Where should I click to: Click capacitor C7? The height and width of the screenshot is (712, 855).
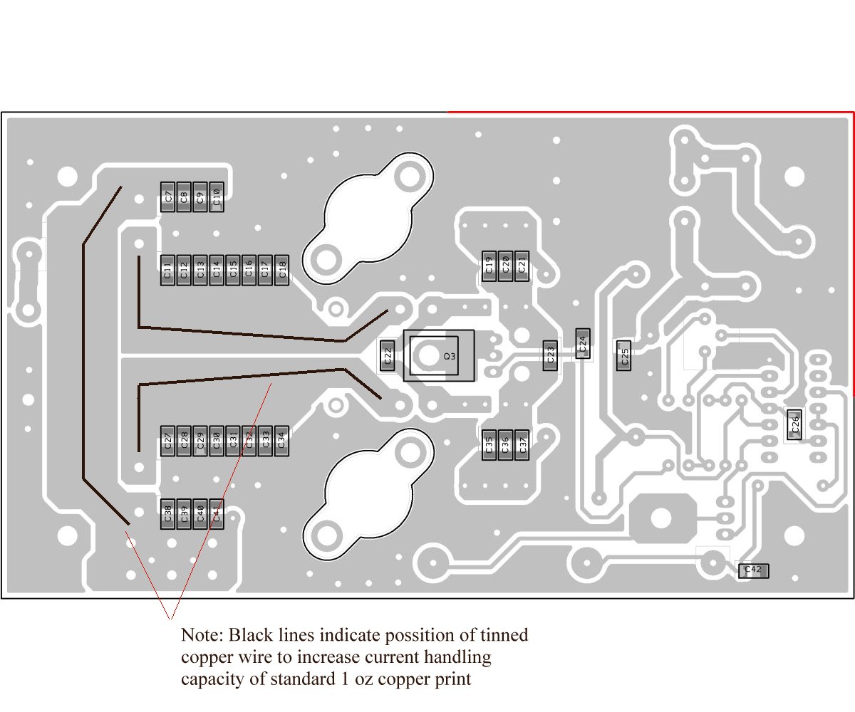point(168,197)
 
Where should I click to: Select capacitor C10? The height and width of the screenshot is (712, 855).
point(217,197)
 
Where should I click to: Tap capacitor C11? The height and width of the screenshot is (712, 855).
point(167,270)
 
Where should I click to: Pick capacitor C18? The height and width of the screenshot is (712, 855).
point(281,270)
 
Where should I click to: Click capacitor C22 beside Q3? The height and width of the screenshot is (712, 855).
point(387,355)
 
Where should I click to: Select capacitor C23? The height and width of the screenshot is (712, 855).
point(549,355)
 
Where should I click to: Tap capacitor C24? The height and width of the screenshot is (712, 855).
point(582,346)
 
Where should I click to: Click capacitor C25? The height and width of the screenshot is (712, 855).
point(623,355)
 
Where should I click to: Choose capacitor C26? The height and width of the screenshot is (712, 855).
point(794,425)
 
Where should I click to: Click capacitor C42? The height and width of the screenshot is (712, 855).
point(753,570)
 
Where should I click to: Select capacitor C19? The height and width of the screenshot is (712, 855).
point(489,266)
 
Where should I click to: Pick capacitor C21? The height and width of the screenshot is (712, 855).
point(521,266)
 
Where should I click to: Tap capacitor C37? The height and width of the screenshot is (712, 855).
point(522,444)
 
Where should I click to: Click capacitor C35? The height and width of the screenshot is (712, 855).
point(489,444)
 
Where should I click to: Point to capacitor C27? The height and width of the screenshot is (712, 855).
point(167,441)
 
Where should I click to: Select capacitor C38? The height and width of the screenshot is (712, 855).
point(167,513)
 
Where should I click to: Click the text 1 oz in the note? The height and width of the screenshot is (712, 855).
point(352,679)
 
